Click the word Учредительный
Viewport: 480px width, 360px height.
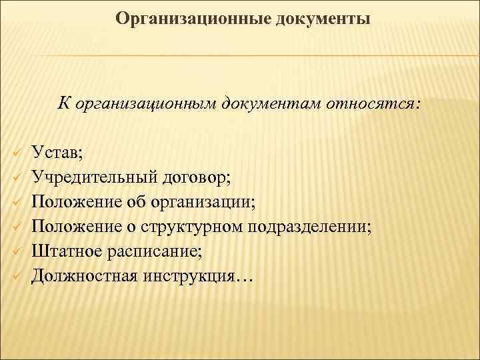pos(93,177)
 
